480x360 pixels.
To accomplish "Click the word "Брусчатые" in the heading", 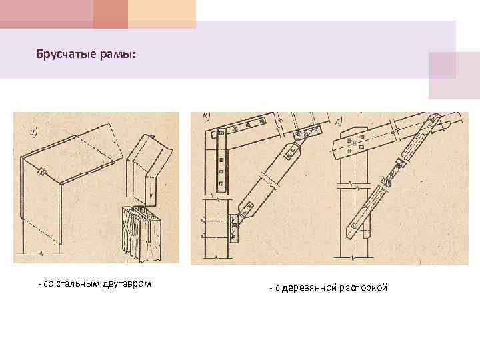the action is click(66, 55).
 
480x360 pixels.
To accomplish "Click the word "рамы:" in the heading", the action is click(118, 55).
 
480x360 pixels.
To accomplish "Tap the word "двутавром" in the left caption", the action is click(127, 285).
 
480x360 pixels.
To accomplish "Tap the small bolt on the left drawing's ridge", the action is click(41, 171).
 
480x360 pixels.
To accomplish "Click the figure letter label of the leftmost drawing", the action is click(33, 132).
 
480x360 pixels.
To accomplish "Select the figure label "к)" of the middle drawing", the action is click(206, 116).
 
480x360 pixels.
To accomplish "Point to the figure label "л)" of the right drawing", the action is click(339, 121).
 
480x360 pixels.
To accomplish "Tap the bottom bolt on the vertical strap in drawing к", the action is click(221, 184).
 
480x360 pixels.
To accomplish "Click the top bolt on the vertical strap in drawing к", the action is click(221, 133).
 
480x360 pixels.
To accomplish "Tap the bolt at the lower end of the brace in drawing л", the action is click(355, 226).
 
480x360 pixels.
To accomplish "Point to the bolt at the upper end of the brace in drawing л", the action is click(433, 119).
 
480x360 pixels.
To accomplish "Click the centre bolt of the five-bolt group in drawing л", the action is click(355, 143).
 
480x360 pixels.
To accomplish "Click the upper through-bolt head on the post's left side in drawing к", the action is click(203, 220).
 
